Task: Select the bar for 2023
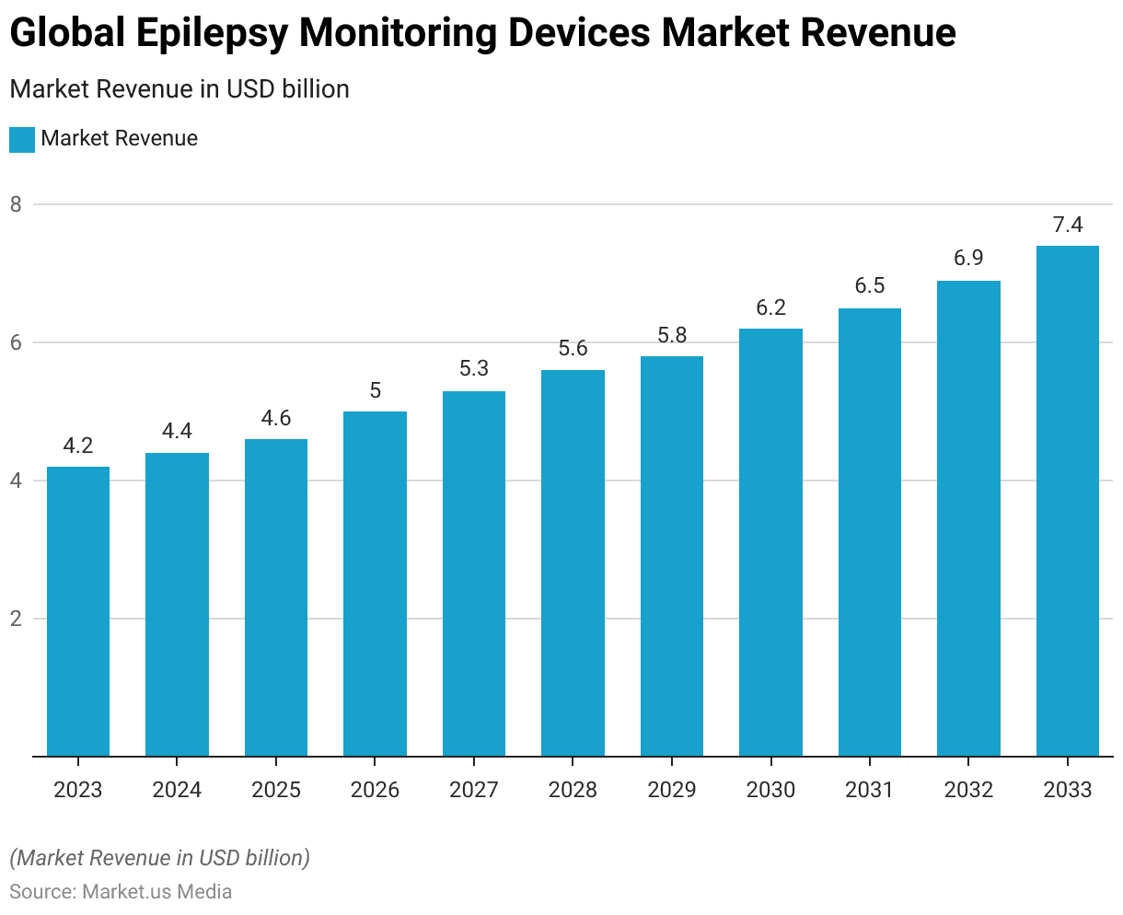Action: (x=78, y=611)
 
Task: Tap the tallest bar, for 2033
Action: (x=1068, y=501)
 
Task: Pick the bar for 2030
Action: (x=770, y=542)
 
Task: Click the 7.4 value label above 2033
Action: (x=1068, y=226)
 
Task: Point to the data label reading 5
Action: (x=376, y=390)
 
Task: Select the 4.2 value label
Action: (x=78, y=446)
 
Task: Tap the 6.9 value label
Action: (x=968, y=259)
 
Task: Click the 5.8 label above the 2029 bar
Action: (x=672, y=336)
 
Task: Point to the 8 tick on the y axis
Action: (x=16, y=204)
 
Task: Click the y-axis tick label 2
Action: (x=16, y=619)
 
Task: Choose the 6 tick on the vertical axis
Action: (x=16, y=342)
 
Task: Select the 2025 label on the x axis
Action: (x=276, y=790)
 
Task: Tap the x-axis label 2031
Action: (x=870, y=790)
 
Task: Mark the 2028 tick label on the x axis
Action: (x=573, y=790)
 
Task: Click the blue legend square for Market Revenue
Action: (x=22, y=140)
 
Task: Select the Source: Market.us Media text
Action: (x=121, y=892)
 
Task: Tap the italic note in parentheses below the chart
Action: (x=159, y=858)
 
